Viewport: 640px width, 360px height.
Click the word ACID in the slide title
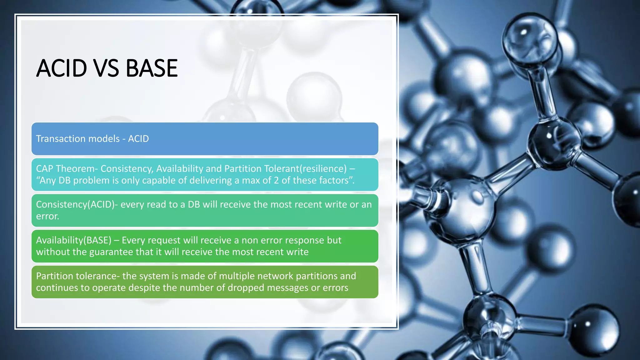click(x=61, y=68)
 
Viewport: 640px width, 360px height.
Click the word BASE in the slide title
click(x=152, y=68)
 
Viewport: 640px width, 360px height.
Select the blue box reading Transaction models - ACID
click(x=205, y=139)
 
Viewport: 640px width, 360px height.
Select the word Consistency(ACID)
click(x=75, y=205)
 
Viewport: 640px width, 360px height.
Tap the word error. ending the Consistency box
click(x=47, y=216)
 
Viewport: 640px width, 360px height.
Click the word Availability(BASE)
click(x=74, y=240)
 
